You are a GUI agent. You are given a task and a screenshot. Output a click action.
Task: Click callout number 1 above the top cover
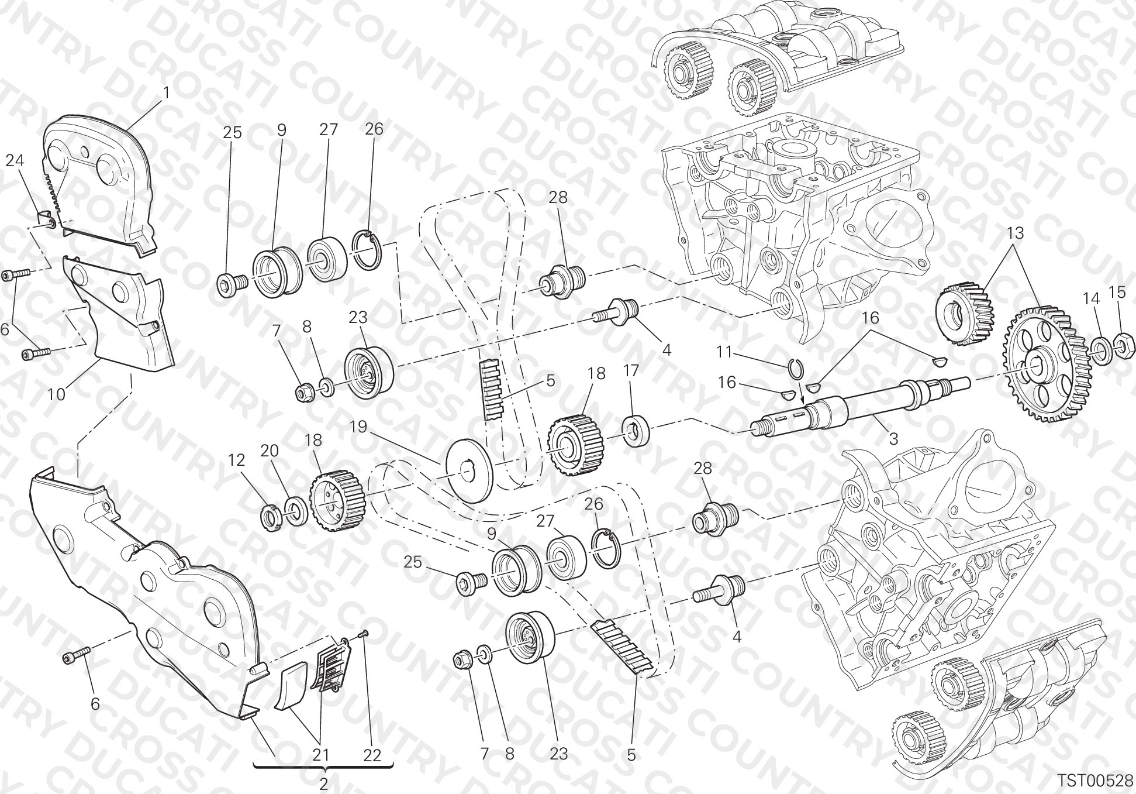pyautogui.click(x=166, y=93)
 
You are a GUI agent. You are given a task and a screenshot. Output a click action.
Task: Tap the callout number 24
pyautogui.click(x=15, y=160)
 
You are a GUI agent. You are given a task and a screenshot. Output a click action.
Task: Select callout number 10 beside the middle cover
pyautogui.click(x=57, y=394)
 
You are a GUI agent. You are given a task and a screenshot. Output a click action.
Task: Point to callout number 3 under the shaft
pyautogui.click(x=893, y=438)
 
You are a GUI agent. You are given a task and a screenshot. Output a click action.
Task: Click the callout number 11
pyautogui.click(x=724, y=352)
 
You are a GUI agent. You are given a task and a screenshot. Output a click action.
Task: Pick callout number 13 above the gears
pyautogui.click(x=1016, y=233)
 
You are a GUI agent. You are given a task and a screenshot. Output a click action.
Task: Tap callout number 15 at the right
pyautogui.click(x=1117, y=292)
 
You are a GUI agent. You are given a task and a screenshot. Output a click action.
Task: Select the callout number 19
pyautogui.click(x=358, y=427)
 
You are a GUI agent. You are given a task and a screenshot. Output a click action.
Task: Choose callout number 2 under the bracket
pyautogui.click(x=323, y=784)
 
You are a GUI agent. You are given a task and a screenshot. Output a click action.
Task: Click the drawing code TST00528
pyautogui.click(x=1094, y=781)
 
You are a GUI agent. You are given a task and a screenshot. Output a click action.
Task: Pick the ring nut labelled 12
pyautogui.click(x=271, y=517)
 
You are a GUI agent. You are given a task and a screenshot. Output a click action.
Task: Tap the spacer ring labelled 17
pyautogui.click(x=636, y=431)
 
